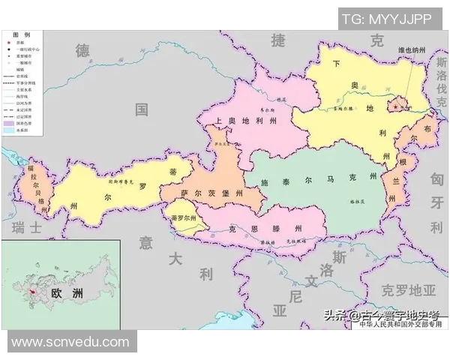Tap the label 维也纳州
click(415, 51)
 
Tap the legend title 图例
click(22, 35)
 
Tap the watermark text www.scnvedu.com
click(70, 342)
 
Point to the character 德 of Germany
click(82, 51)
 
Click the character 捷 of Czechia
click(279, 40)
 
